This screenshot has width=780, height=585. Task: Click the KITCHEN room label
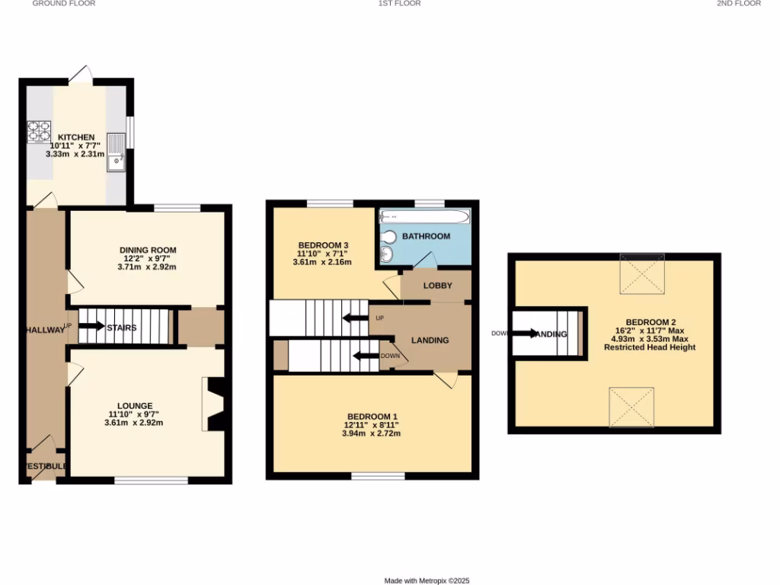[76, 137]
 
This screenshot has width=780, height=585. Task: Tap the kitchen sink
[116, 152]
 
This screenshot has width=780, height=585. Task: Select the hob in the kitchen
[38, 133]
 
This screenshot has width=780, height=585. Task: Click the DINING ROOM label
[148, 250]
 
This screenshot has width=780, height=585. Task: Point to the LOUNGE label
[135, 405]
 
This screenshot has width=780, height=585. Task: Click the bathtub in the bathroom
[411, 216]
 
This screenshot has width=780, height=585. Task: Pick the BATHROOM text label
[426, 236]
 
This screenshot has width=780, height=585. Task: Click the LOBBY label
[438, 286]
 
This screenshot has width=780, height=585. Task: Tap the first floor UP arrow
[356, 318]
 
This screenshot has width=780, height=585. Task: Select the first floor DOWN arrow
[366, 356]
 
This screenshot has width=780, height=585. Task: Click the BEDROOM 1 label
[372, 416]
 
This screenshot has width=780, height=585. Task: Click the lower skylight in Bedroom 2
[631, 407]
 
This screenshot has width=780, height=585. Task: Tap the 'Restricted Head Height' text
[650, 347]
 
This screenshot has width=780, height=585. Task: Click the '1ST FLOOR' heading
[399, 4]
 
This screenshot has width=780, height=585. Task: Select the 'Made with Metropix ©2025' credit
[427, 580]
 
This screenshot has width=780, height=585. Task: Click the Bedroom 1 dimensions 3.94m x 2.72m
[372, 433]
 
